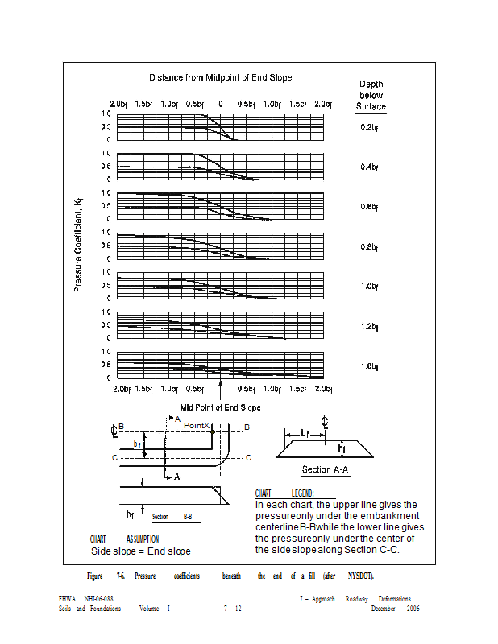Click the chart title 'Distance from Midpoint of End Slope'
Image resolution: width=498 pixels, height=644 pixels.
[220, 78]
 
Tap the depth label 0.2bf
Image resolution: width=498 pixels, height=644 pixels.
[370, 128]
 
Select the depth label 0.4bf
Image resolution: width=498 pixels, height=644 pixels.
[370, 167]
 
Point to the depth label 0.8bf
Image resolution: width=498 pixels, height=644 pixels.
[370, 246]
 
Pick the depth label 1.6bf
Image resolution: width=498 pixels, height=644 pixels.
[370, 366]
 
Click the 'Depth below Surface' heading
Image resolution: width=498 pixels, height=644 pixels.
[371, 95]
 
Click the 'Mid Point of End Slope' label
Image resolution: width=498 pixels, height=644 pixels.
[220, 407]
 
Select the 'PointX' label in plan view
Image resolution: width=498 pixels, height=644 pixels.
[197, 424]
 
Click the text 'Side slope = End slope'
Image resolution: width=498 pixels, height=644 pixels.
[140, 551]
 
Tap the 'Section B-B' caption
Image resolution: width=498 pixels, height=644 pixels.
[172, 516]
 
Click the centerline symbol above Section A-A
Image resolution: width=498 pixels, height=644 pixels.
[324, 420]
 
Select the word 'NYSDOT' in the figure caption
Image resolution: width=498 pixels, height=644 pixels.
[360, 576]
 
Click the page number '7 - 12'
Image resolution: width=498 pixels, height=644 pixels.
[232, 609]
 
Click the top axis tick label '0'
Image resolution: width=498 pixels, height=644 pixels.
[220, 105]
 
